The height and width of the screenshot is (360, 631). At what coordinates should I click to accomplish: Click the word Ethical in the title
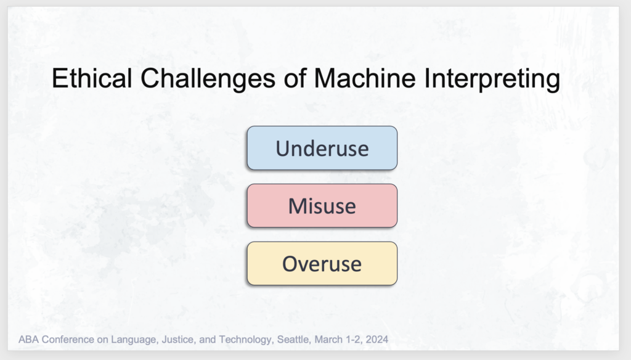click(92, 78)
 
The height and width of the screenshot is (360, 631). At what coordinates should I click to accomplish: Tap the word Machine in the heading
click(365, 78)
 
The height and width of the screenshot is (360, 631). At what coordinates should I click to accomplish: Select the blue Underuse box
click(322, 148)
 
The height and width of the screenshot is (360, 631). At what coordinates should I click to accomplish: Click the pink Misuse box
click(322, 206)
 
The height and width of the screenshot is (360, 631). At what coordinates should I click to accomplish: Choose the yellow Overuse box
click(322, 263)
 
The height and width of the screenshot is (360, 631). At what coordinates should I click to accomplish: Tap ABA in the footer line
click(28, 340)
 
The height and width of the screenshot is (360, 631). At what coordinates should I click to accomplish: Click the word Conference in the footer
click(68, 340)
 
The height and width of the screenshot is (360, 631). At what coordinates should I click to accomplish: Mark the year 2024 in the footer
click(377, 340)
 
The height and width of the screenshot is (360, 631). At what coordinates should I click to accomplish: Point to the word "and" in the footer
click(207, 340)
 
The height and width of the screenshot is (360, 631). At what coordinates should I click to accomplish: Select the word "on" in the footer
click(103, 340)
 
